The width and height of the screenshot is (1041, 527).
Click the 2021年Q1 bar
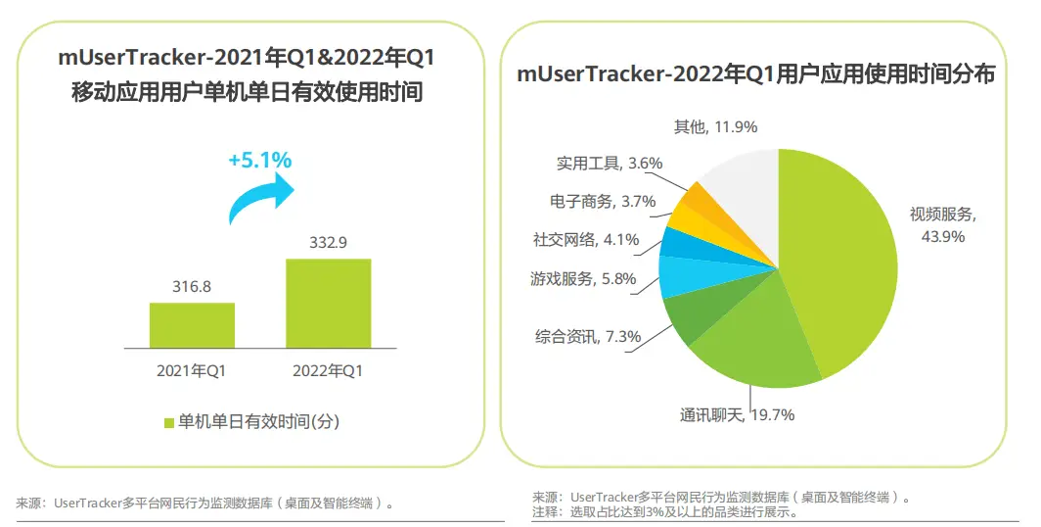click(x=192, y=325)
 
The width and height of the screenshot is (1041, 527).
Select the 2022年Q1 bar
click(x=328, y=303)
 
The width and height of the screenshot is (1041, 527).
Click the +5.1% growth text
click(x=259, y=160)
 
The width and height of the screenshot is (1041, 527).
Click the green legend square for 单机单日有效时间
click(x=168, y=422)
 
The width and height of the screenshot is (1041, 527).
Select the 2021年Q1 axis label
click(x=192, y=371)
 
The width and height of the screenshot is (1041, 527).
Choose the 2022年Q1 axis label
click(x=328, y=371)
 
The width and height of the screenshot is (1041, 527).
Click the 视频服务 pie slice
click(x=841, y=264)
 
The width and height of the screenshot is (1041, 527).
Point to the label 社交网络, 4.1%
click(x=585, y=239)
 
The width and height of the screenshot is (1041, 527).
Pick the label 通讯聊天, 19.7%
click(x=737, y=414)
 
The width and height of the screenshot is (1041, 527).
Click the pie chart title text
click(x=755, y=74)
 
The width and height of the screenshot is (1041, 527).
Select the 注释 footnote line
click(x=665, y=511)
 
